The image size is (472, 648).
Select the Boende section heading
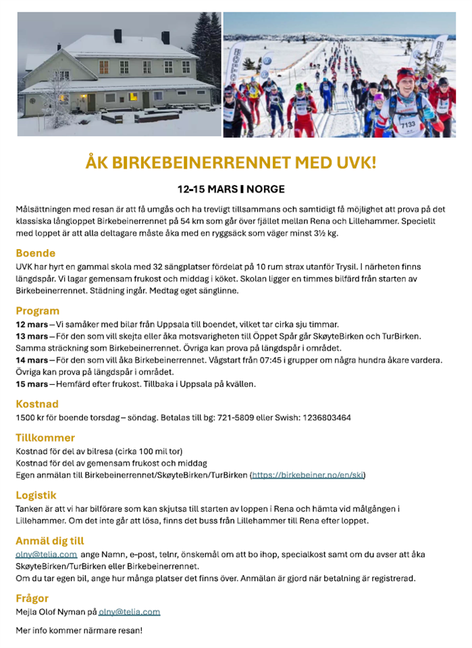pos(36,253)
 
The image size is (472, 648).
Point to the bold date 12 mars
pos(31,324)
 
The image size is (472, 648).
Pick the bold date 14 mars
pos(31,360)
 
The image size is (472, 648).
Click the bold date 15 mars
pos(31,384)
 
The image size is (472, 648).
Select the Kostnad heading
pos(37,404)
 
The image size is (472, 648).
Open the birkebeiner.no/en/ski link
pos(308,475)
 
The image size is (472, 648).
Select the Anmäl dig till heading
pos(49,541)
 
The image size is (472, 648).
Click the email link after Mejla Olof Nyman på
pos(129,612)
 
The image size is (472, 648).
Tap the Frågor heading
pos(32,598)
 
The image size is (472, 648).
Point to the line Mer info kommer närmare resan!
pos(79,630)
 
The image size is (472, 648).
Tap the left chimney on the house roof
pos(117,35)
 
